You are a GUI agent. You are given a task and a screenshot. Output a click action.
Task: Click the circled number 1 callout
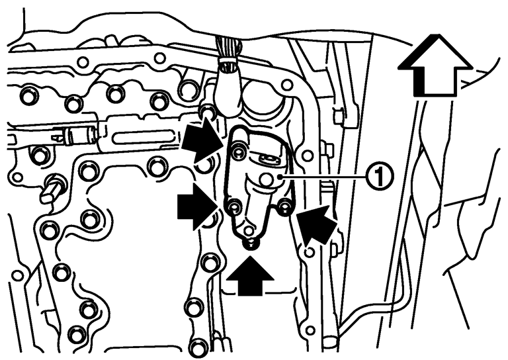pos(380,176)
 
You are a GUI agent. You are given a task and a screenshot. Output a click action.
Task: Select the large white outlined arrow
pos(435,66)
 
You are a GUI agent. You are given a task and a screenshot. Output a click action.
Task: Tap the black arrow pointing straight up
pos(250,276)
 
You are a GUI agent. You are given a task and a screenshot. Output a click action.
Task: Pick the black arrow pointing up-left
pos(316,224)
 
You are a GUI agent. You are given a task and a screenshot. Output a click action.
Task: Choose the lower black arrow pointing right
pos(197,206)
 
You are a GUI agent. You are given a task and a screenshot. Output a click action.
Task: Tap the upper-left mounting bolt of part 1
pos(239,151)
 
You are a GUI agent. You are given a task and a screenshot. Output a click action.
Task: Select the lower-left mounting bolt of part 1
pos(233,206)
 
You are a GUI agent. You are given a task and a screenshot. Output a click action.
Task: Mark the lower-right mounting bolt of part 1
pos(285,206)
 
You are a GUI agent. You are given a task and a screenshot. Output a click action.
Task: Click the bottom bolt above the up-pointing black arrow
pos(250,244)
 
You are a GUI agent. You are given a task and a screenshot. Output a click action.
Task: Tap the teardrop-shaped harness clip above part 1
pos(230,88)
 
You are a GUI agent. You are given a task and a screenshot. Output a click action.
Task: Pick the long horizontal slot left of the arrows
pos(143,136)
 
